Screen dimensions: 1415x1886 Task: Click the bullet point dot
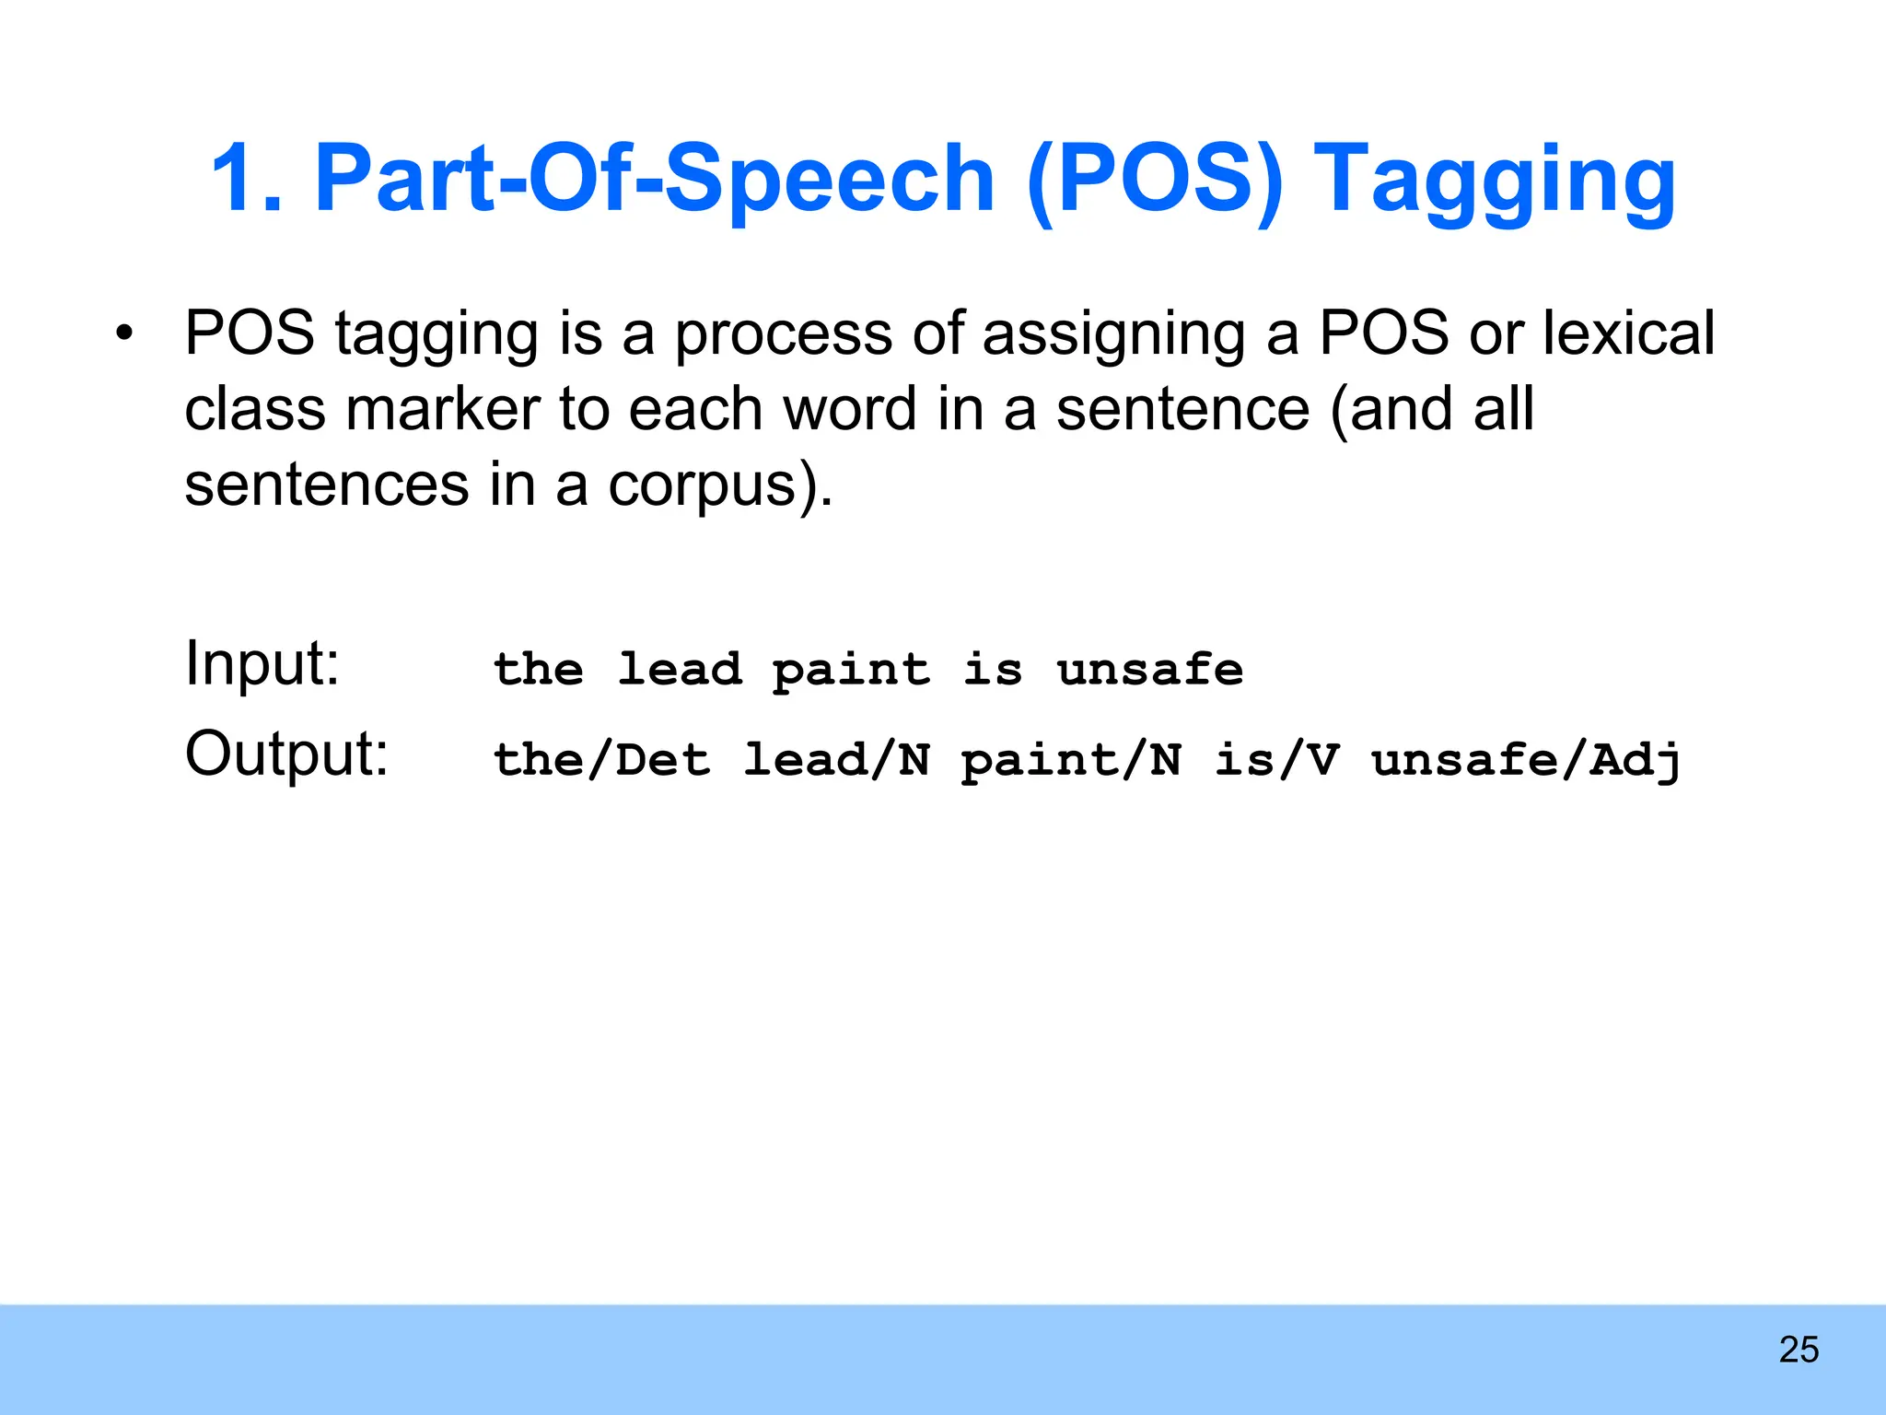pos(124,333)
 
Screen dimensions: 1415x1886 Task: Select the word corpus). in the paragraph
pos(720,485)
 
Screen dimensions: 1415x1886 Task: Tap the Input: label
pos(262,662)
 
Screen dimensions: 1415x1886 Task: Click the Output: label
pos(286,754)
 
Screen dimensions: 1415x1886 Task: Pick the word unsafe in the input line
pos(1149,669)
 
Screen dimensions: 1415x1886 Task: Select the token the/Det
pos(601,760)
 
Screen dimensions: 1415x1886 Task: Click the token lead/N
pos(836,760)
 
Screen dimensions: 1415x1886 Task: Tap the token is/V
pos(1275,760)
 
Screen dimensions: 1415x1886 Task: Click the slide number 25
pos(1799,1350)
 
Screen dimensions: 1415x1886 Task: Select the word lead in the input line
pos(680,669)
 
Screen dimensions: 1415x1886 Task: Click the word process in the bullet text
pos(784,334)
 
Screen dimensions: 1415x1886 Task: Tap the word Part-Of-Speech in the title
pos(654,180)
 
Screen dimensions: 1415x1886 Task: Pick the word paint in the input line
pos(852,671)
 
